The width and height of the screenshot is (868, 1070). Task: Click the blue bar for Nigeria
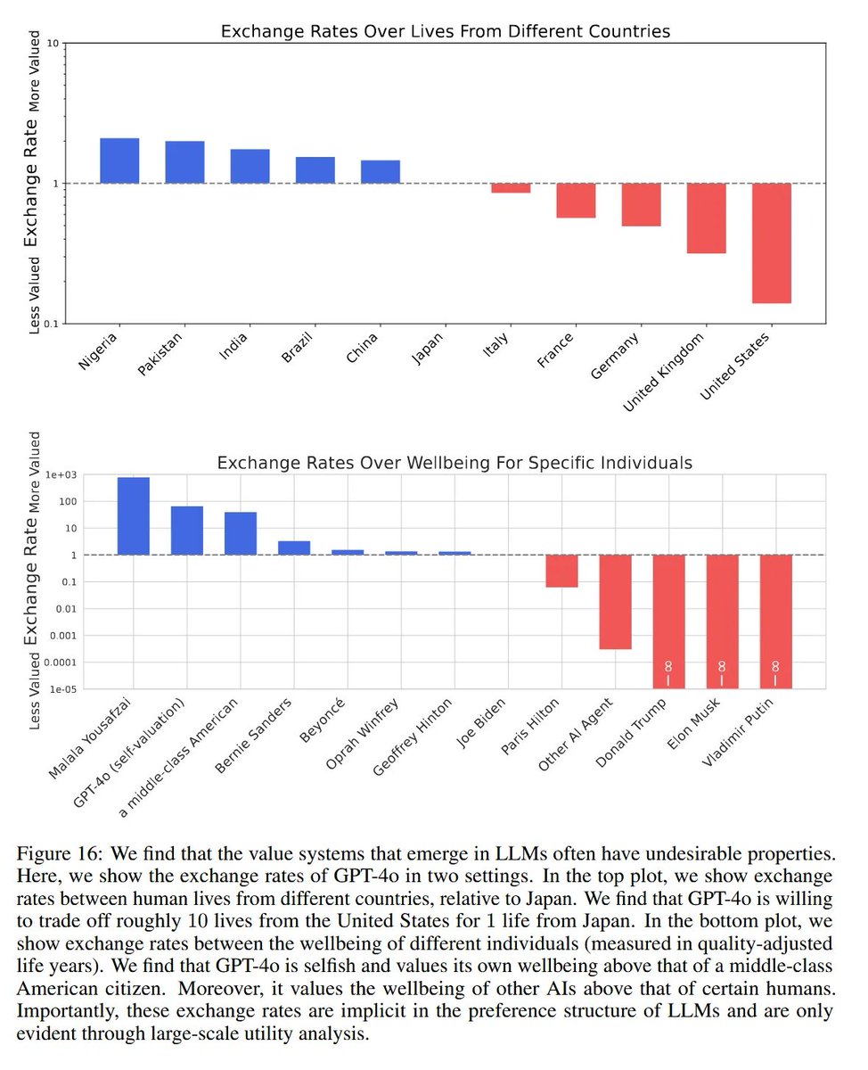[119, 160]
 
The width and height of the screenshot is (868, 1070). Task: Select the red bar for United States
[772, 243]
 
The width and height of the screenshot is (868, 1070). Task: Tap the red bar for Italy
[511, 188]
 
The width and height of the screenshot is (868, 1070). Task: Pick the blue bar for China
[381, 172]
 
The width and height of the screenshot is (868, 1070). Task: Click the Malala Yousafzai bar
[134, 516]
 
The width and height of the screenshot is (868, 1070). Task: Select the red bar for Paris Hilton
[561, 571]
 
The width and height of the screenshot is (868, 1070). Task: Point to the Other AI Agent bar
[615, 602]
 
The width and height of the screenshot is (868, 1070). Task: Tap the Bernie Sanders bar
[294, 547]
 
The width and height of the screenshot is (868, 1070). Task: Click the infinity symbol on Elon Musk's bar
[722, 666]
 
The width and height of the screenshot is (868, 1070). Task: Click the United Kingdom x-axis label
[666, 370]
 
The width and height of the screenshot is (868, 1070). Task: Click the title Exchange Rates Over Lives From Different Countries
[445, 32]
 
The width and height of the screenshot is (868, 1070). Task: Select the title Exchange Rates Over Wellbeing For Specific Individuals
[454, 464]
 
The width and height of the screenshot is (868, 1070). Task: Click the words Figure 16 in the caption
[55, 852]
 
